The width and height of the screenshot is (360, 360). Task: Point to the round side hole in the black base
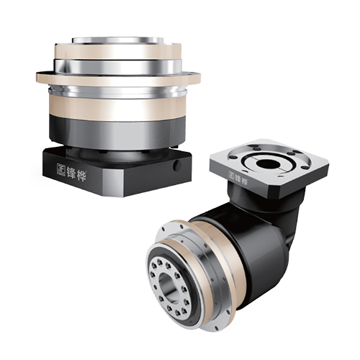coord(176,166)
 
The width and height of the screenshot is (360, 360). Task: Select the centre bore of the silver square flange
coord(268,164)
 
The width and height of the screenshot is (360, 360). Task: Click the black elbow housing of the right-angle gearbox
coord(261,240)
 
